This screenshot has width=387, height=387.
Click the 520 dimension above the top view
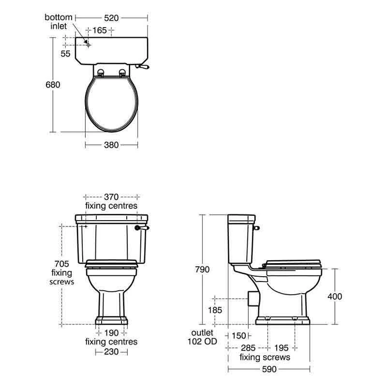[111, 18]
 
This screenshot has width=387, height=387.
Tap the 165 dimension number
[100, 30]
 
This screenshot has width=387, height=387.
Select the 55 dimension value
[65, 54]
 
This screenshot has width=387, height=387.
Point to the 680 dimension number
[53, 85]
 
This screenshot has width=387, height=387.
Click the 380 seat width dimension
[111, 145]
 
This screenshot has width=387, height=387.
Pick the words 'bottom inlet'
[59, 22]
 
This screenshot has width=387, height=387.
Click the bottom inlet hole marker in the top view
[89, 45]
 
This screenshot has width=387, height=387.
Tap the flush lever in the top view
[142, 66]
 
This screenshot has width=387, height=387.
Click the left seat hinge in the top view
[101, 73]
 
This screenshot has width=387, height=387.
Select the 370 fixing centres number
[111, 197]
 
